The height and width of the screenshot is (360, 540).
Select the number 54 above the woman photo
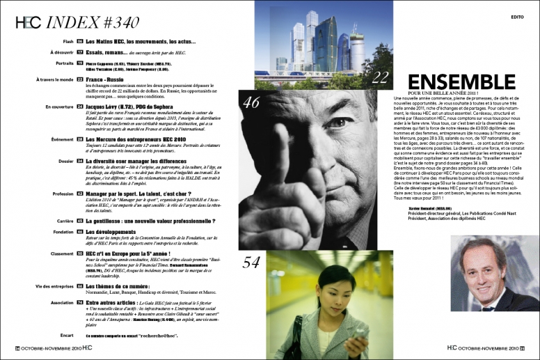(251, 262)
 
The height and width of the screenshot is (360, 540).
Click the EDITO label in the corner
(518, 15)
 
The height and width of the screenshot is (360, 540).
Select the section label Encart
(67, 334)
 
